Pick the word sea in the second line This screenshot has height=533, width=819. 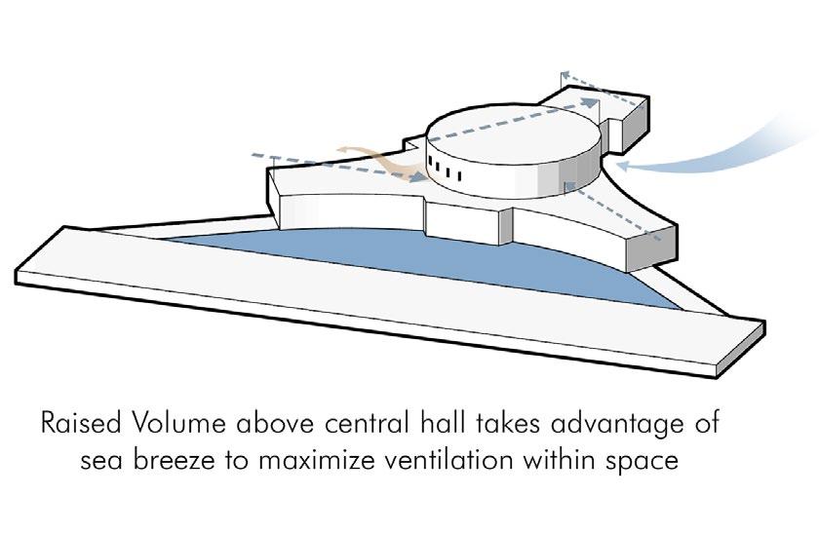100,460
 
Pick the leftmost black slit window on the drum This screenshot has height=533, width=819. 428,162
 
